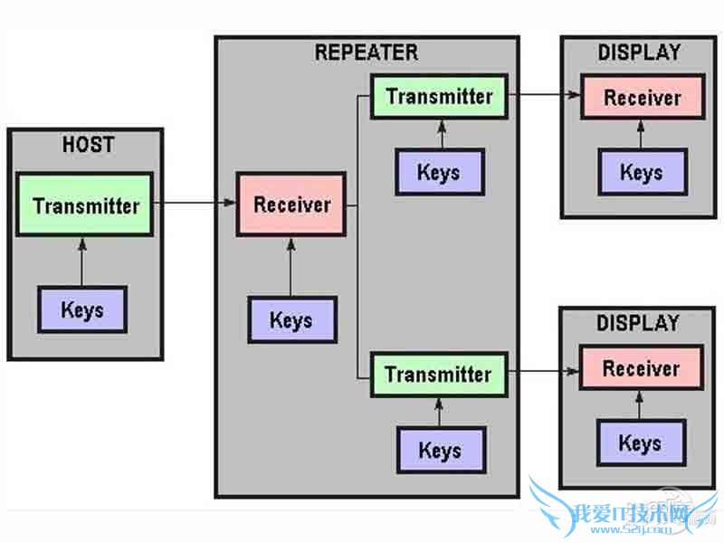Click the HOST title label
pyautogui.click(x=87, y=143)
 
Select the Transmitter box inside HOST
pyautogui.click(x=86, y=206)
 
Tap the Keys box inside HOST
pyautogui.click(x=82, y=310)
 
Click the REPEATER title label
pyautogui.click(x=367, y=52)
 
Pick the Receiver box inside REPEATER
pyautogui.click(x=292, y=205)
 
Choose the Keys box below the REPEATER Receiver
pyautogui.click(x=291, y=320)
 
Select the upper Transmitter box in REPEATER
pyautogui.click(x=439, y=97)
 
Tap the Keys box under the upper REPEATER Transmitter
pyautogui.click(x=439, y=172)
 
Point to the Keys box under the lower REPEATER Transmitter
pyautogui.click(x=440, y=450)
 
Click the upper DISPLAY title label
pyautogui.click(x=639, y=52)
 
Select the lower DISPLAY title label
pyautogui.click(x=639, y=323)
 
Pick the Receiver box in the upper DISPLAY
pyautogui.click(x=642, y=99)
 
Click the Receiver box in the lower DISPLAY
pyautogui.click(x=641, y=369)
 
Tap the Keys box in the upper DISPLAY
pyautogui.click(x=642, y=172)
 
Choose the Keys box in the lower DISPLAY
pyautogui.click(x=640, y=443)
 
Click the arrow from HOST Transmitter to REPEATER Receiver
pyautogui.click(x=195, y=204)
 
